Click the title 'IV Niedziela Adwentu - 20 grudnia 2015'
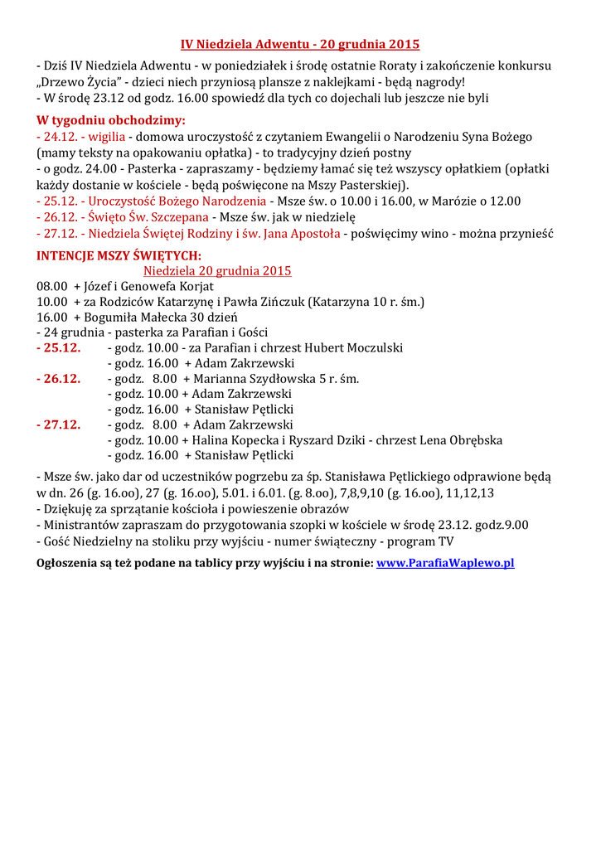300,44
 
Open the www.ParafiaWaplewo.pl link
445,562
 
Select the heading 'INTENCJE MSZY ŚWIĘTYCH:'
119,256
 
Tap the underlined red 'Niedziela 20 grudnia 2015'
217,271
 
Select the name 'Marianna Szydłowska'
254,378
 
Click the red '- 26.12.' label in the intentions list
59,378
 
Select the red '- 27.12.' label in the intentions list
59,424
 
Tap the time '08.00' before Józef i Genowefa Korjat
51,286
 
